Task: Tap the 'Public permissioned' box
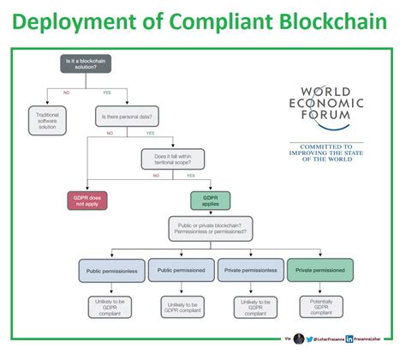182,270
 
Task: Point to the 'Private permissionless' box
250,270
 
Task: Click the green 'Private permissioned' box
319,270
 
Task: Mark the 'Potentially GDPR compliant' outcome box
319,307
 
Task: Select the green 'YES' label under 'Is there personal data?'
151,133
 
